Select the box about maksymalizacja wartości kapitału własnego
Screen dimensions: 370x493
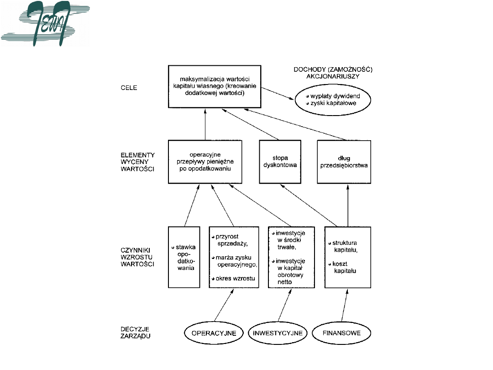[x=215, y=87]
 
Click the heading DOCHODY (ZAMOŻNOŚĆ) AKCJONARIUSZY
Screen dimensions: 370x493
[x=333, y=73]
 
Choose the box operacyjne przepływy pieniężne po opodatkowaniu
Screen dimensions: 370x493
[x=205, y=162]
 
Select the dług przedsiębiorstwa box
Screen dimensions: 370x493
[x=344, y=162]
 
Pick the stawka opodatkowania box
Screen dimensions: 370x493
[x=184, y=257]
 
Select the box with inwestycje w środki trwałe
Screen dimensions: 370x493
[x=291, y=257]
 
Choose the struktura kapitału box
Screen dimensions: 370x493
[x=347, y=257]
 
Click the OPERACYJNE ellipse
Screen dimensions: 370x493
[x=213, y=333]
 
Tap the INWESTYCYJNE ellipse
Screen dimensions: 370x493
[x=278, y=333]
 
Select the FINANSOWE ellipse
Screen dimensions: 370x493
[x=342, y=333]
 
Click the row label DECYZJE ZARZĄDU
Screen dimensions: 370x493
[x=132, y=332]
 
